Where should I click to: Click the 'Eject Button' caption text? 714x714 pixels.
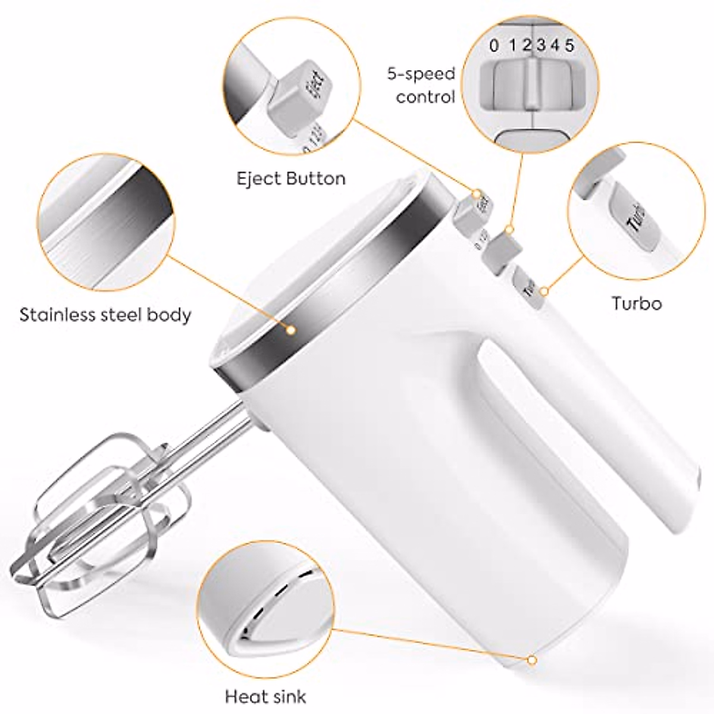click(x=291, y=178)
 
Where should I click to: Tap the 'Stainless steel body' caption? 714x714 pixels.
click(x=105, y=314)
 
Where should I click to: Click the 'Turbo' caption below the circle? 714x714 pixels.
click(x=637, y=303)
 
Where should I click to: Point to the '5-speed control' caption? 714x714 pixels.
click(x=421, y=85)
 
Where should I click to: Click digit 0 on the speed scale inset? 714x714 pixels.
click(x=494, y=45)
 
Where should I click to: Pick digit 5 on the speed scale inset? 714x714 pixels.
click(x=569, y=45)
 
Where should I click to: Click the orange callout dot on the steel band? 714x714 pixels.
click(x=291, y=329)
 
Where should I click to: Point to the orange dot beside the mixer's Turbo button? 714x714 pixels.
click(x=544, y=290)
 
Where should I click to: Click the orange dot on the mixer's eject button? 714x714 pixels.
click(x=477, y=193)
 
